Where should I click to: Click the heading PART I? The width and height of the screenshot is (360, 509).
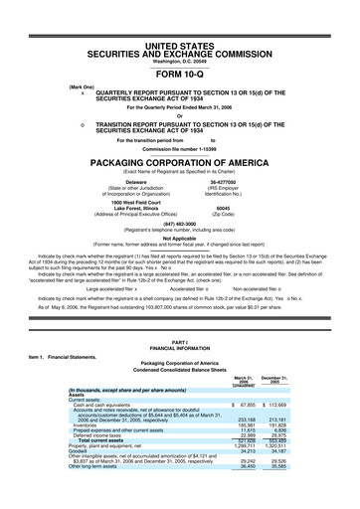(x=180, y=369)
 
